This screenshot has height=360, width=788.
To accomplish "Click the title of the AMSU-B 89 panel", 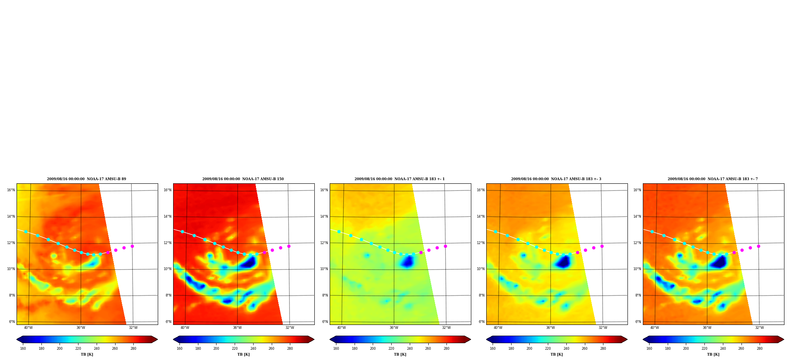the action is coord(86,179).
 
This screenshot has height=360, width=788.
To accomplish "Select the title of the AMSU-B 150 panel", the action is coord(243,179).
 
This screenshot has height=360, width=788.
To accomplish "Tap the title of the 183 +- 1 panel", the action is coord(400,179).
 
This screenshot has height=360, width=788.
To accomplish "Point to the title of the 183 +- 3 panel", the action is coord(556,179).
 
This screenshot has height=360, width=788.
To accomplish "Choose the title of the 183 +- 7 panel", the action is coord(713,179).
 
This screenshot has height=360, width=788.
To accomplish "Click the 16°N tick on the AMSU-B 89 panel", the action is coord(11,190).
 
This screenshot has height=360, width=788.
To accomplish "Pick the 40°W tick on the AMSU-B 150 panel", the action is coord(185,328).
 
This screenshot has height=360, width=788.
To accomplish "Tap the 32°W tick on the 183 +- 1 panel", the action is coord(446,328).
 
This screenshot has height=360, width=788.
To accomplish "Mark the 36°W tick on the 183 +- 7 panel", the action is coord(707,328).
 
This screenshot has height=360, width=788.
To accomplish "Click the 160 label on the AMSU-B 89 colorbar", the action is coord(23,349).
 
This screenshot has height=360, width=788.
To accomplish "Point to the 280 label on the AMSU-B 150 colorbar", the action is coord(290,349).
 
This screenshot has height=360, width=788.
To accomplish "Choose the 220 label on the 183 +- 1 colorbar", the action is coord(391,349).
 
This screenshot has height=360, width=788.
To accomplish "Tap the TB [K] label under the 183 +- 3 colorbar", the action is coord(556,354).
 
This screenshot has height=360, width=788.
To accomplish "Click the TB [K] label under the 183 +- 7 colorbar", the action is coord(713,354).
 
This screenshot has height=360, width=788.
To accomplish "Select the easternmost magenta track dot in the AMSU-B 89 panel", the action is coord(132,246).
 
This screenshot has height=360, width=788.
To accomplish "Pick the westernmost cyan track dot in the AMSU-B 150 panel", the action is coord(182,231).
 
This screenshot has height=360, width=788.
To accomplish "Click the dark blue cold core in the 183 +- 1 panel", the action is coord(407,261).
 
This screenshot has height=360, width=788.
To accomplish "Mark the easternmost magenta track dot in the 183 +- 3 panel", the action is coord(602,246).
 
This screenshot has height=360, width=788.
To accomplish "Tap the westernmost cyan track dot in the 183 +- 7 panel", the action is coord(652,231).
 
